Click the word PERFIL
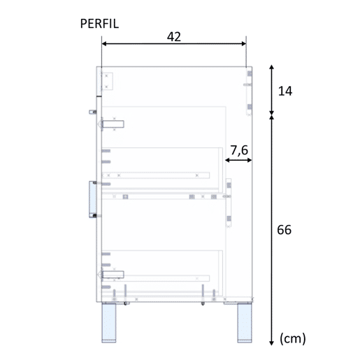(x=99, y=24)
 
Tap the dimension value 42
(x=174, y=36)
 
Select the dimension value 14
(x=285, y=91)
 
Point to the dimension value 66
(x=284, y=230)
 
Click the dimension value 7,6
(x=239, y=150)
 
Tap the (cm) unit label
(x=293, y=338)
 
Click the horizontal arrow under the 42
(x=174, y=43)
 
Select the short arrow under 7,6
(x=238, y=160)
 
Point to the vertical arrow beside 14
(x=271, y=89)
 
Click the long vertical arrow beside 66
(x=271, y=230)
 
